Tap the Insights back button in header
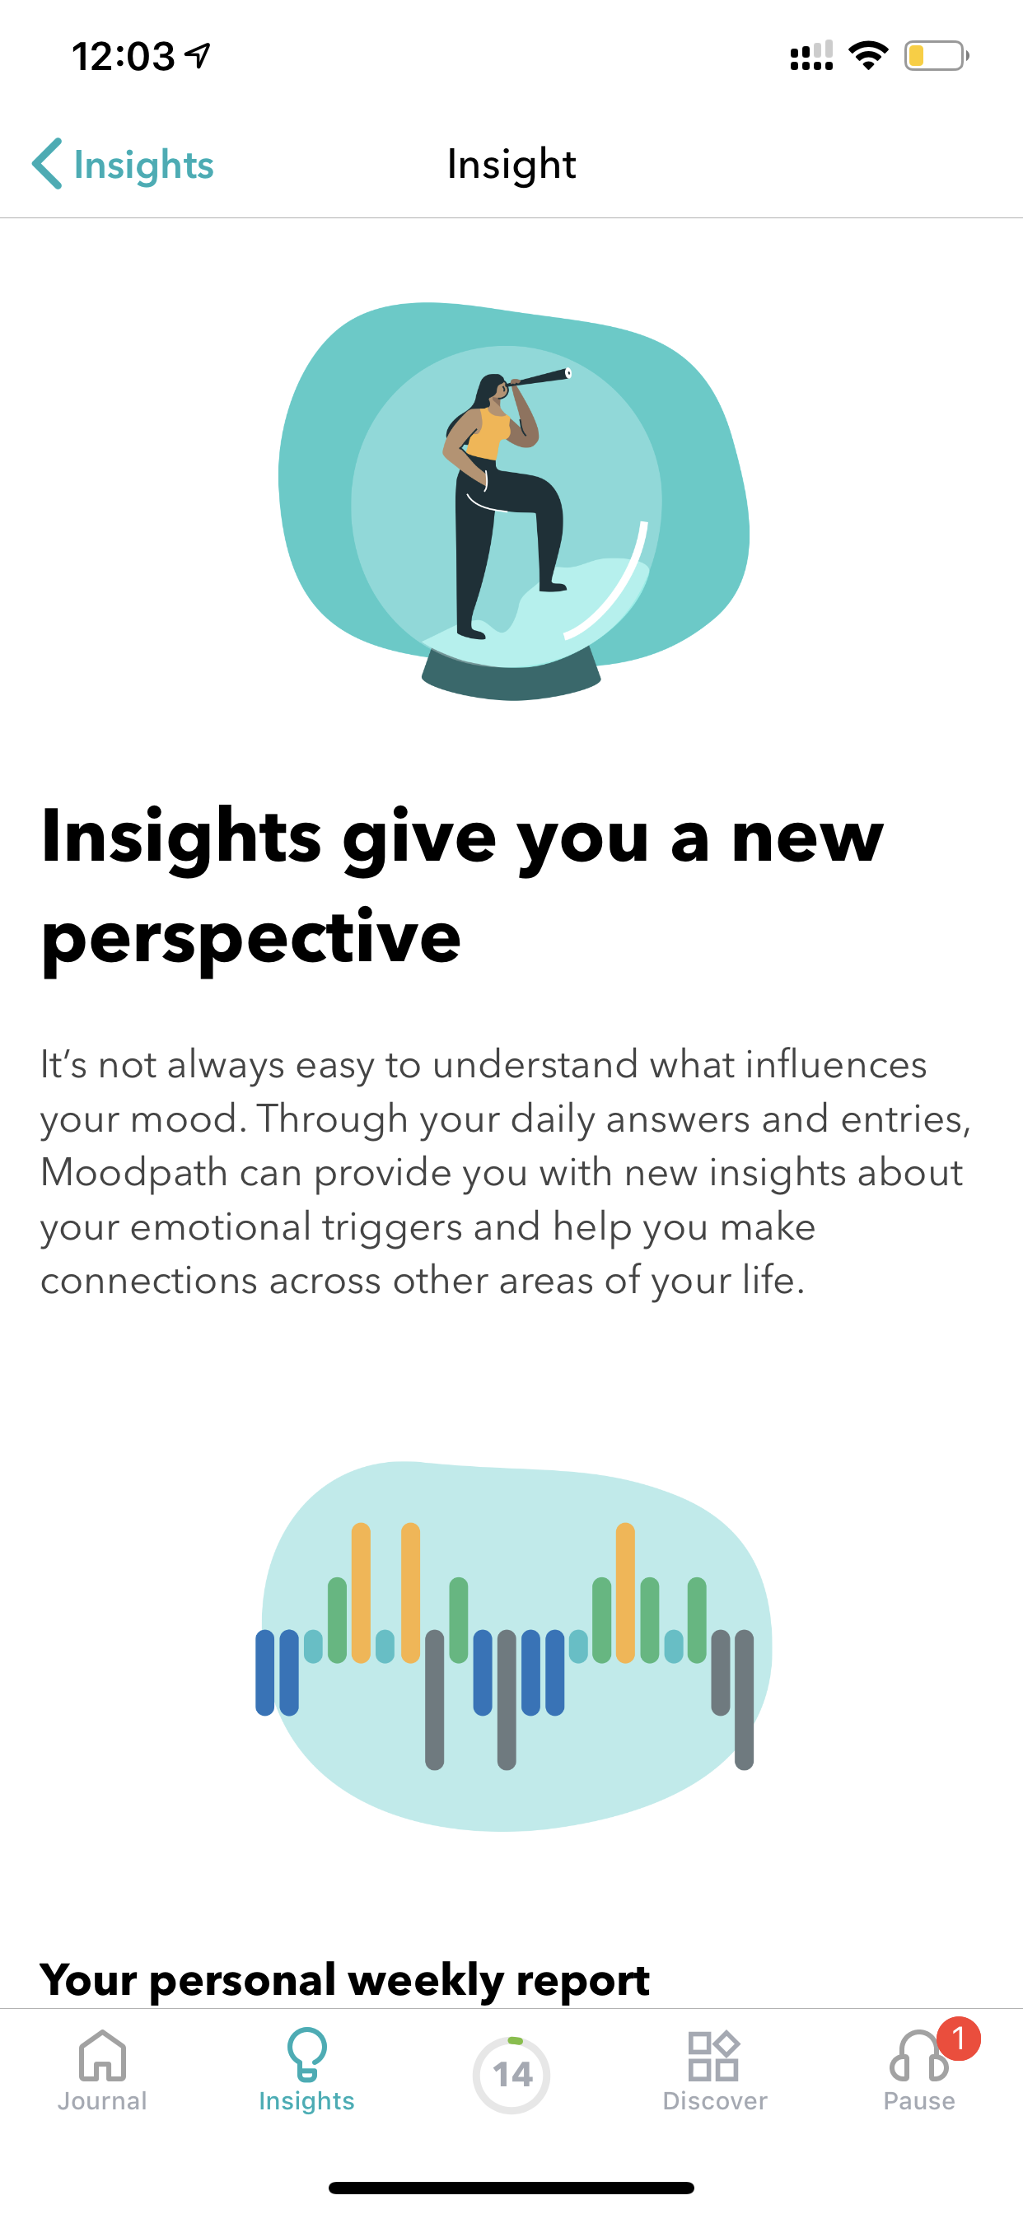[123, 163]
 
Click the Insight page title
[511, 164]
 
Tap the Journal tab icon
[102, 2056]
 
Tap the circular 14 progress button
[511, 2075]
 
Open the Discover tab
[714, 2072]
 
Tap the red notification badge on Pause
[959, 2039]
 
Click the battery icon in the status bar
[937, 56]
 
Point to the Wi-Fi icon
[868, 55]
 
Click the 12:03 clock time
[123, 57]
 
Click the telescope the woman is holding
[538, 378]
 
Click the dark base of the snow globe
[511, 675]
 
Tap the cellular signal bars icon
[811, 56]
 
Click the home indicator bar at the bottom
[511, 2188]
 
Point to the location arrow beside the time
[198, 56]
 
